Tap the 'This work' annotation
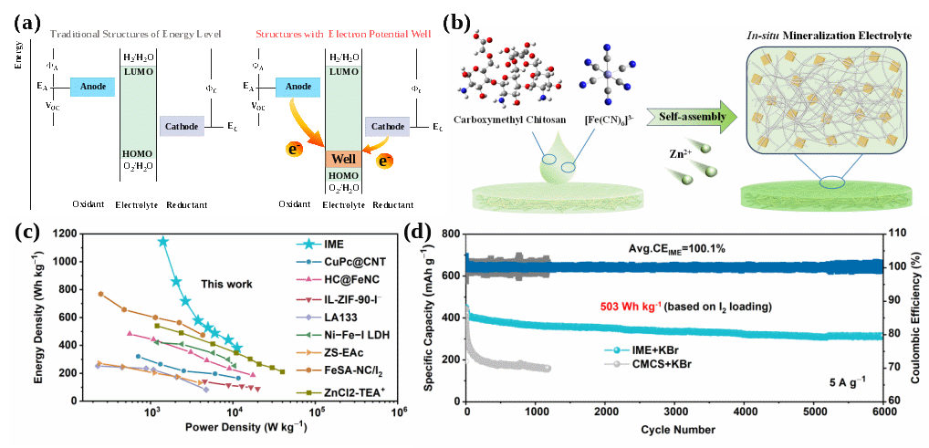point(227,285)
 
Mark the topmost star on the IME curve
point(163,242)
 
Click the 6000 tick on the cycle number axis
point(880,412)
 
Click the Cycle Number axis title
point(676,428)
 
